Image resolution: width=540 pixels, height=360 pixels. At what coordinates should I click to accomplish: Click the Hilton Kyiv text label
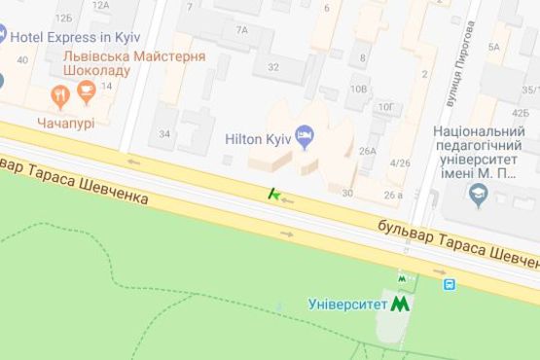[x=259, y=139]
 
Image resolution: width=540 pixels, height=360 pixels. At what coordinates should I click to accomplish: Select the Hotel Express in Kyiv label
[x=76, y=37]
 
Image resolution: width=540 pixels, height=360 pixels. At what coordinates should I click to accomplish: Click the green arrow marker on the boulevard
[x=275, y=196]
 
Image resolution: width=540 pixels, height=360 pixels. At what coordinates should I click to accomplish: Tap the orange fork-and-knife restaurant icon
[x=59, y=95]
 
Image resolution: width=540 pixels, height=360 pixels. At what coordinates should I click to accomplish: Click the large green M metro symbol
[x=400, y=304]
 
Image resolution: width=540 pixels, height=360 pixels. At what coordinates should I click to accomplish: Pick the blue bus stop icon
[x=450, y=285]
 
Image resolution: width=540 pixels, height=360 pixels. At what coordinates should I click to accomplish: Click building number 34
[x=164, y=133]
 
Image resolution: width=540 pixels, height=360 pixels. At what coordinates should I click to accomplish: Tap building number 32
[x=273, y=67]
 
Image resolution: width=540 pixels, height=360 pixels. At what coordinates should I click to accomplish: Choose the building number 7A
[x=241, y=30]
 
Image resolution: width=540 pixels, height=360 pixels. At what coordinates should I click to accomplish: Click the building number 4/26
[x=399, y=162]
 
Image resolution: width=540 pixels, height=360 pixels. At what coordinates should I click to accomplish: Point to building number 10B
[x=358, y=90]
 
